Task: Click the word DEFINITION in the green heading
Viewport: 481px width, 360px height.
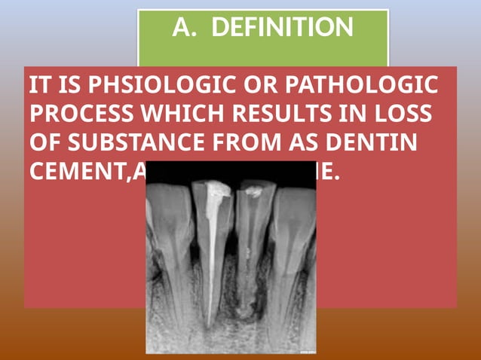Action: pyautogui.click(x=282, y=28)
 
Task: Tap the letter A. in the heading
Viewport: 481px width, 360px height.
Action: pyautogui.click(x=183, y=28)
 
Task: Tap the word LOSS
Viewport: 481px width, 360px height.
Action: pyautogui.click(x=406, y=114)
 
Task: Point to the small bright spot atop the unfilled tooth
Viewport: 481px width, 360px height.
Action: pyautogui.click(x=254, y=192)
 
